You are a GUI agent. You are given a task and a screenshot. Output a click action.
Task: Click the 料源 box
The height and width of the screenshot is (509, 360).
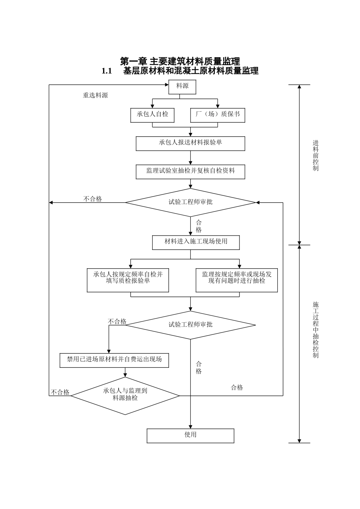click(x=182, y=87)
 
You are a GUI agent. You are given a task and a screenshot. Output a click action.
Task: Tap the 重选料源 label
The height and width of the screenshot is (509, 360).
click(x=95, y=95)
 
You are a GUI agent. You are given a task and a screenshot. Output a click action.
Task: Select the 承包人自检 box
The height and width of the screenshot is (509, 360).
click(x=152, y=115)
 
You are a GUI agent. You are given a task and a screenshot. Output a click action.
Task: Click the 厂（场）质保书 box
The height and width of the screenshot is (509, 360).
click(x=218, y=115)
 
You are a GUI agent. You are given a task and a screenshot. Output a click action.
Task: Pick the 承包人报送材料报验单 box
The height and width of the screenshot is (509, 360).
click(x=190, y=144)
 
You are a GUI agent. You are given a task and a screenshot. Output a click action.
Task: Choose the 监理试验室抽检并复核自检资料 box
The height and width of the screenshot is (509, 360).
click(x=190, y=172)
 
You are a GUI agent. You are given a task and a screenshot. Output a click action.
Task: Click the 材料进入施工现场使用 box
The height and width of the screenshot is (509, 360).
click(x=196, y=242)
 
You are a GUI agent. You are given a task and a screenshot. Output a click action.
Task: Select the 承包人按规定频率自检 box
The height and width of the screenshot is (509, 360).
click(x=128, y=280)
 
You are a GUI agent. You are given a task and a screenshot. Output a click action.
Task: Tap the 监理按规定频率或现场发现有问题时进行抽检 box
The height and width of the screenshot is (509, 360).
click(x=236, y=280)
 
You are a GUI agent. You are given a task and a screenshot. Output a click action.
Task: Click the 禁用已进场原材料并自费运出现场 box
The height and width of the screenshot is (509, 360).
click(x=114, y=360)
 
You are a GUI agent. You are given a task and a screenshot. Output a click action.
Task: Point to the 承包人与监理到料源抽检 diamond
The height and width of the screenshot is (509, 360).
click(x=125, y=395)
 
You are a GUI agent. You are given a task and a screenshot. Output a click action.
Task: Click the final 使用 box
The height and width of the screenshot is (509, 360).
click(x=190, y=436)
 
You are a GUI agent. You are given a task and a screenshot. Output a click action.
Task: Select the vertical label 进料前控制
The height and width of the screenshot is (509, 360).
click(x=316, y=156)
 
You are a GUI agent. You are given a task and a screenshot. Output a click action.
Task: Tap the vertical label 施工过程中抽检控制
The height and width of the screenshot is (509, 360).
click(x=316, y=329)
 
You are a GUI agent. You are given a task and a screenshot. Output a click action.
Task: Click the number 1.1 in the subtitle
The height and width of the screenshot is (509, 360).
click(x=107, y=71)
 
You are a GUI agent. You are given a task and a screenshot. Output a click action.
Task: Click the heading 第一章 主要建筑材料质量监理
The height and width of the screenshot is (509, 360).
click(x=180, y=61)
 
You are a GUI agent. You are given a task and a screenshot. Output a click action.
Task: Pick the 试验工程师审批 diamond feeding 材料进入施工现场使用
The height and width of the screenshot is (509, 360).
click(x=190, y=203)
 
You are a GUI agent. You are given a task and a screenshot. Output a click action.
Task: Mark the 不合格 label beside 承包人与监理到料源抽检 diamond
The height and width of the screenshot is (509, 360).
click(x=61, y=392)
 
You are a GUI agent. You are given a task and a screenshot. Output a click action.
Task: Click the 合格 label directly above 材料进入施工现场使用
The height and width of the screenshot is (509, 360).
click(x=199, y=226)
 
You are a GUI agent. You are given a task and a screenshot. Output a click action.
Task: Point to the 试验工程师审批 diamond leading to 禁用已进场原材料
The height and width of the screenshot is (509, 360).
click(x=190, y=325)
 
